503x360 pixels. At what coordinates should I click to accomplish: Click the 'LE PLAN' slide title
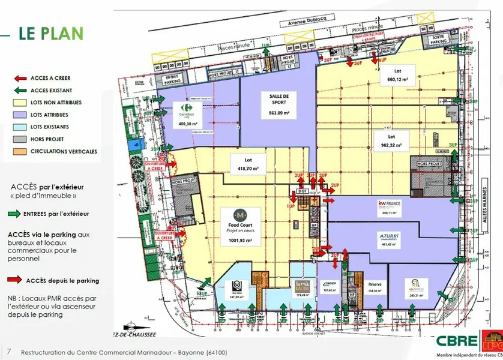coord(50,33)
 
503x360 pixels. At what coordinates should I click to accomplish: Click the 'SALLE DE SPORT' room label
coord(279,99)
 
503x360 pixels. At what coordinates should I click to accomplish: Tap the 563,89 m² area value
coord(279,113)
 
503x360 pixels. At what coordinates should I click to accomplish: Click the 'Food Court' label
coord(239,223)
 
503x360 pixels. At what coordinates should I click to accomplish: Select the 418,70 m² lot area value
coord(247,169)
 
